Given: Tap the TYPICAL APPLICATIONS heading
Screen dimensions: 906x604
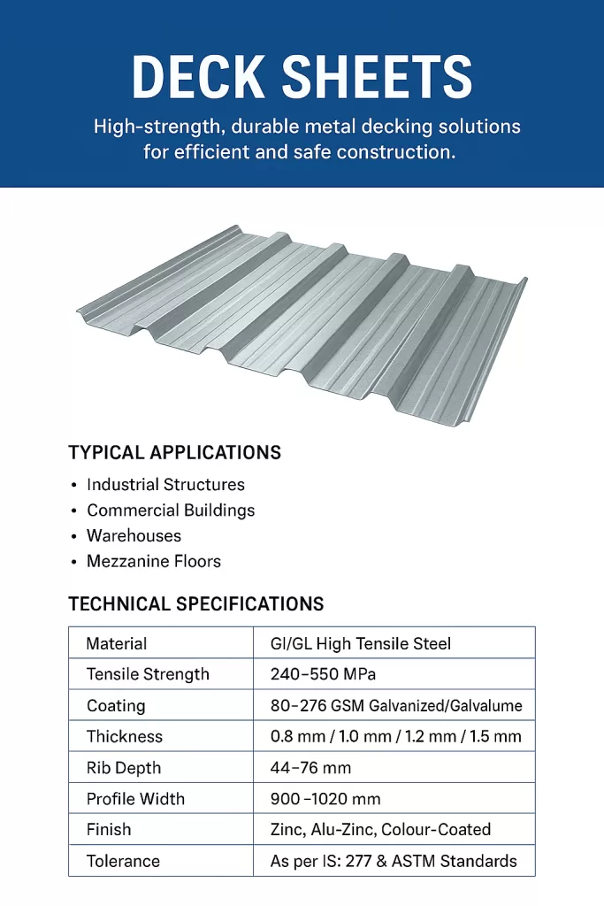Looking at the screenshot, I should pyautogui.click(x=174, y=453).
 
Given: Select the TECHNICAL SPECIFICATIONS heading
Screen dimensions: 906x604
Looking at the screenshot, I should pyautogui.click(x=195, y=604).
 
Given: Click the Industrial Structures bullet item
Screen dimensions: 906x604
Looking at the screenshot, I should pyautogui.click(x=165, y=485).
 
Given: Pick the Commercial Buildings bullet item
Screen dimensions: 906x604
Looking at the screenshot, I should pyautogui.click(x=171, y=511).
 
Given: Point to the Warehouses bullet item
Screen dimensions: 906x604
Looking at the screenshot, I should pyautogui.click(x=134, y=536).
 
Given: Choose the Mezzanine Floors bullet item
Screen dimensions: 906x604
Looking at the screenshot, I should pyautogui.click(x=154, y=562).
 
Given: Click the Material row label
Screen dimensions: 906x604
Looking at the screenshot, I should pyautogui.click(x=117, y=643).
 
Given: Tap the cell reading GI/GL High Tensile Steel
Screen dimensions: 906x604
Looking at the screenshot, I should pyautogui.click(x=360, y=643).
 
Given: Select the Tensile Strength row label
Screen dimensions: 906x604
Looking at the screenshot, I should pyautogui.click(x=148, y=674).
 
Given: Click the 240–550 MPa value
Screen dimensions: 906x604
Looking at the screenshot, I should pyautogui.click(x=323, y=674).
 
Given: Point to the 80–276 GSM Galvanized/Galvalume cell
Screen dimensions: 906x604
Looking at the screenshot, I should pyautogui.click(x=395, y=706).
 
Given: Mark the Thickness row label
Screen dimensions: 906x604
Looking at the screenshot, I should pyautogui.click(x=125, y=736).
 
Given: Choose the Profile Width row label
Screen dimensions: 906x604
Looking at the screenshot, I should pyautogui.click(x=135, y=799).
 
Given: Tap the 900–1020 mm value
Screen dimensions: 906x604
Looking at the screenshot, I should pyautogui.click(x=325, y=799).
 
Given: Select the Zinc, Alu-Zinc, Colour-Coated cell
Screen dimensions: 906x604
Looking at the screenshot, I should pyautogui.click(x=380, y=830).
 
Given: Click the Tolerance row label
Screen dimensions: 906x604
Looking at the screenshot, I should pyautogui.click(x=123, y=861).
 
